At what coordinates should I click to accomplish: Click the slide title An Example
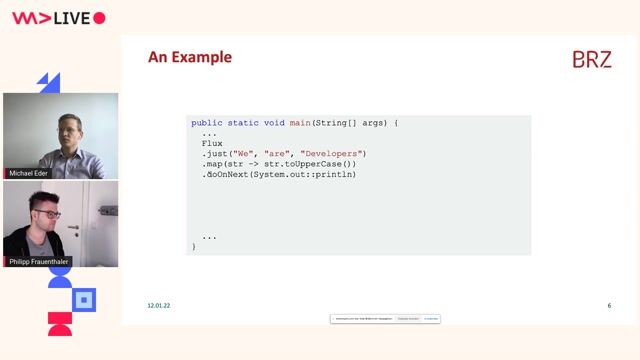[190, 57]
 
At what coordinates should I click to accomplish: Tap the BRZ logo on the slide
[591, 60]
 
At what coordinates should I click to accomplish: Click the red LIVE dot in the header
[99, 18]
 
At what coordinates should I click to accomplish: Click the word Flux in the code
[212, 143]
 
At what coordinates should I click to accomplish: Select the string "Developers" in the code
[333, 153]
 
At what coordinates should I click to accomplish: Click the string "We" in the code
[242, 153]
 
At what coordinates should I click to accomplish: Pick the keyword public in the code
[206, 123]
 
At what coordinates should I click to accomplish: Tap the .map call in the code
[212, 163]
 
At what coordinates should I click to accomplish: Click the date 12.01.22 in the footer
[159, 305]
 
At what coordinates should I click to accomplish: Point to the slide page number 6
[609, 305]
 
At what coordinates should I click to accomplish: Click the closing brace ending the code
[194, 246]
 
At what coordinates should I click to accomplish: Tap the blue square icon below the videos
[85, 299]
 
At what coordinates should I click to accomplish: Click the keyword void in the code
[274, 123]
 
